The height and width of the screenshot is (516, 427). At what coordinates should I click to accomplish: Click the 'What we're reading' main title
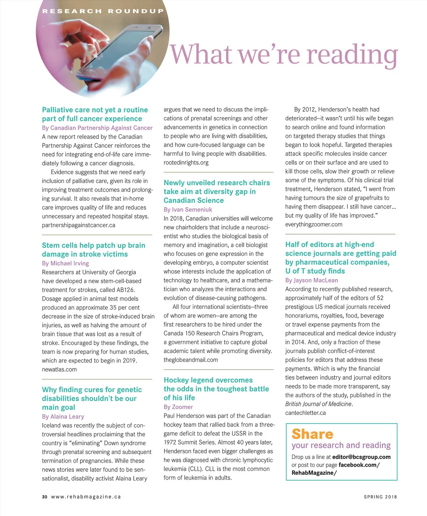click(x=284, y=54)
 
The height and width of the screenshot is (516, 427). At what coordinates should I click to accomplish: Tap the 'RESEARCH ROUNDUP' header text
click(x=103, y=11)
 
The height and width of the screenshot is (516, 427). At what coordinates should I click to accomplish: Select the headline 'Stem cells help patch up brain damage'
click(x=93, y=249)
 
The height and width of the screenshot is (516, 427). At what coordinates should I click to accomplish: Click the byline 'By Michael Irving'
click(x=65, y=263)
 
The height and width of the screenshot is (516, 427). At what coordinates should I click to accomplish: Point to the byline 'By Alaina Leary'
click(x=63, y=416)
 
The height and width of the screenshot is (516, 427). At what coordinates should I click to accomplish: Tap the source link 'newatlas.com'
click(x=59, y=369)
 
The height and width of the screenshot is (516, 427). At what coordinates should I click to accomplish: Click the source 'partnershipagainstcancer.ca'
click(x=79, y=225)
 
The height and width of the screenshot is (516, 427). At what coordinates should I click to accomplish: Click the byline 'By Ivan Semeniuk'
click(x=188, y=210)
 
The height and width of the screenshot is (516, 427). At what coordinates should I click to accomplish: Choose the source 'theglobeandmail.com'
click(x=191, y=360)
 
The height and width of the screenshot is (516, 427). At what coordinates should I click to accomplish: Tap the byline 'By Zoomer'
click(x=178, y=407)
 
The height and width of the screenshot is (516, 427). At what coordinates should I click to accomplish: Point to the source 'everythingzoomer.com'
click(x=314, y=224)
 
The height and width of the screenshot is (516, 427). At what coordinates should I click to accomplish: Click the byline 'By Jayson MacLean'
click(x=312, y=280)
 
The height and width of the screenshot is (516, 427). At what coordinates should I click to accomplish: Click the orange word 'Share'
click(x=312, y=434)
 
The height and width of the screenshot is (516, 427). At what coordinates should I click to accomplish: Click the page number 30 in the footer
click(x=44, y=497)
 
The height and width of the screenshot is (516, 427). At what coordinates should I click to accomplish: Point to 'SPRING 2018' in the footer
click(x=380, y=497)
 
